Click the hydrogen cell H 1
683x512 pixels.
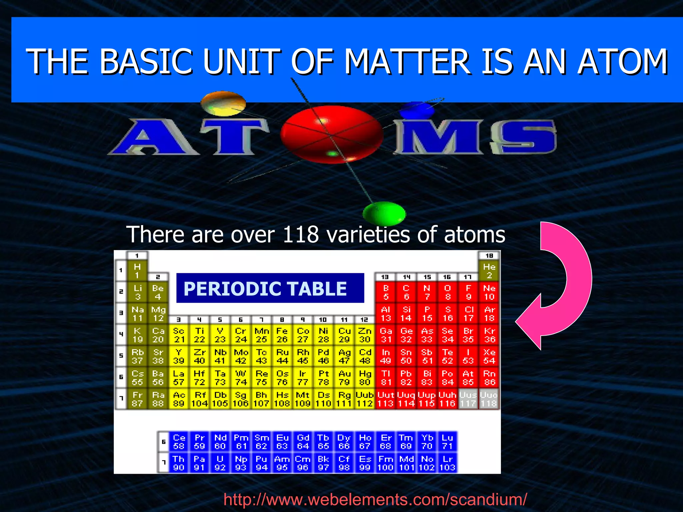[137, 271]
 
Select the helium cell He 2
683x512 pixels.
[489, 271]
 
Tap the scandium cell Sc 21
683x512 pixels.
[179, 335]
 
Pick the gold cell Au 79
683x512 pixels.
[344, 378]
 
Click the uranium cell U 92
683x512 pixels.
[220, 463]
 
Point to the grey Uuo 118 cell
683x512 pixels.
[489, 399]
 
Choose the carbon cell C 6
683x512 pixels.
[406, 292]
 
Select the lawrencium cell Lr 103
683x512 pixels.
[447, 463]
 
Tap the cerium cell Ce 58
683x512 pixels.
[179, 442]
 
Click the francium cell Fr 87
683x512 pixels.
[137, 399]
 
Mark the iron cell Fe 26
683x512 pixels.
[282, 335]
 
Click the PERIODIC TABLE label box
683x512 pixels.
[270, 288]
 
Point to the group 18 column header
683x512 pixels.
[489, 256]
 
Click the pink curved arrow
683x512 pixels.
[567, 287]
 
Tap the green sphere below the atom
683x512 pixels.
[384, 213]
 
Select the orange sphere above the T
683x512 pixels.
[223, 103]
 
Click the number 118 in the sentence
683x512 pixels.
[301, 234]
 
